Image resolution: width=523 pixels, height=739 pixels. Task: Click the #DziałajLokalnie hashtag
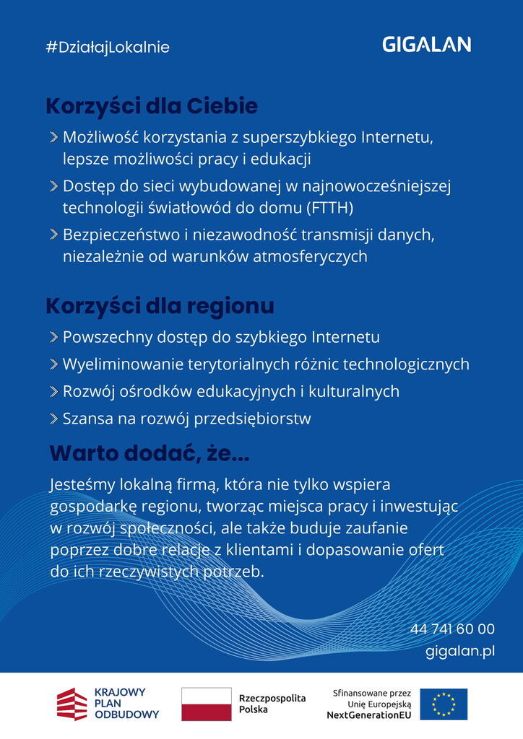pyautogui.click(x=107, y=48)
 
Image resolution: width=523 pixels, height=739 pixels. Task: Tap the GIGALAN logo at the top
pyautogui.click(x=426, y=45)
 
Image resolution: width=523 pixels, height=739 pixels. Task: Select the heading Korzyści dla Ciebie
pyautogui.click(x=152, y=107)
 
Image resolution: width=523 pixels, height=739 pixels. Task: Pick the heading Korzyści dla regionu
pyautogui.click(x=160, y=306)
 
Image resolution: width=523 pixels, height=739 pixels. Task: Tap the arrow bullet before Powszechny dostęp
pyautogui.click(x=54, y=338)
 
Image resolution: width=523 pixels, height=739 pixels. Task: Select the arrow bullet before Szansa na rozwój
pyautogui.click(x=54, y=419)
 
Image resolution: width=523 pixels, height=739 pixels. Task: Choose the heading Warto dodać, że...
pyautogui.click(x=149, y=454)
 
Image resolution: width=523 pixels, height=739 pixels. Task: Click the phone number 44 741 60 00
pyautogui.click(x=452, y=629)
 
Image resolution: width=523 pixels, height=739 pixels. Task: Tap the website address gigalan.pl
pyautogui.click(x=460, y=651)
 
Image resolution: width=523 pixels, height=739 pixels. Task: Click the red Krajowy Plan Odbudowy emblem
pyautogui.click(x=72, y=704)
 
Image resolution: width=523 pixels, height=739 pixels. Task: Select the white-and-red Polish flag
pyautogui.click(x=206, y=704)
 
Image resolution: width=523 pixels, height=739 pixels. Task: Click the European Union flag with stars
pyautogui.click(x=444, y=704)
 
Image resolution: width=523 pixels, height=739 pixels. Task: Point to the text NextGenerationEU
pyautogui.click(x=368, y=714)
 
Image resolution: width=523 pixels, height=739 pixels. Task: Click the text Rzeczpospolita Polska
pyautogui.click(x=272, y=704)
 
